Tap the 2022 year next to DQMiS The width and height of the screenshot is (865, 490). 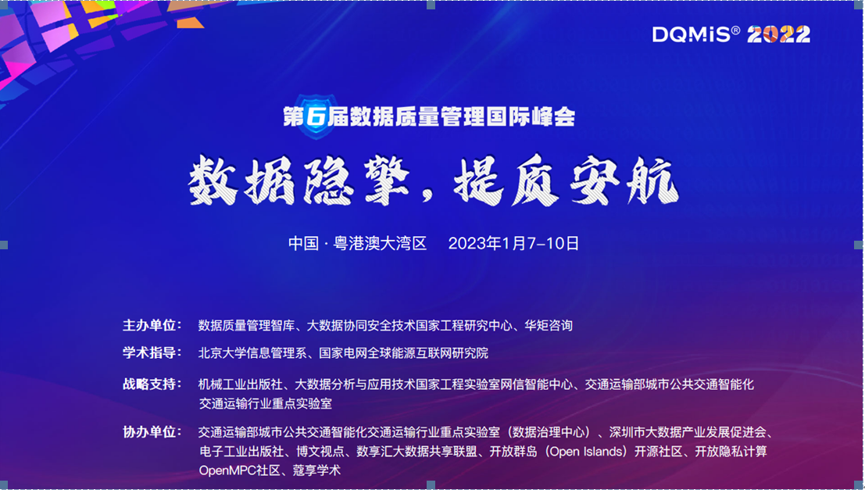[x=778, y=34]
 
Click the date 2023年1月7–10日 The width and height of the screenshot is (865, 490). [x=513, y=244]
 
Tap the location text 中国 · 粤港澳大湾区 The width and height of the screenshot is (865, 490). [x=358, y=244]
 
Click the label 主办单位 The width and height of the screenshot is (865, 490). [x=152, y=325]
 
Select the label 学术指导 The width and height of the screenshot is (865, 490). [x=152, y=353]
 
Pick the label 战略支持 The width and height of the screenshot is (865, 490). [x=152, y=384]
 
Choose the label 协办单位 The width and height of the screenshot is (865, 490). [x=152, y=432]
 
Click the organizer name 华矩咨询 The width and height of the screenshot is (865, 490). [x=549, y=325]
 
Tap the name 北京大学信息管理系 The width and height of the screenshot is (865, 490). [x=256, y=353]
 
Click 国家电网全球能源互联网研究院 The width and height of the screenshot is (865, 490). [x=403, y=353]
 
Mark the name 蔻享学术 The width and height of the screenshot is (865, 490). [x=316, y=470]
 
